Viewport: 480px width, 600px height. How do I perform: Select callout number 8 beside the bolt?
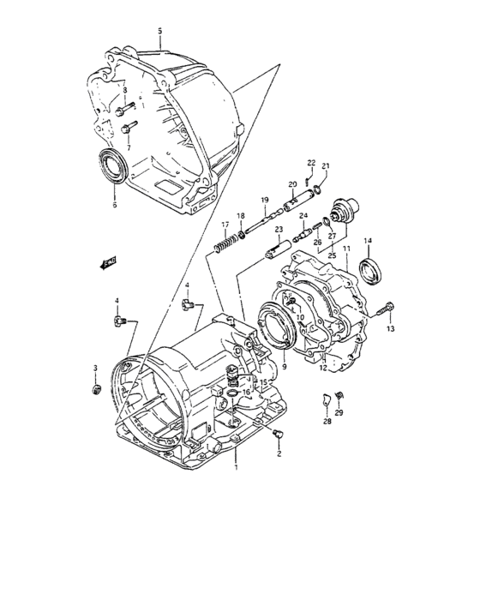(124, 90)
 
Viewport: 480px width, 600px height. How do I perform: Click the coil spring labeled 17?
(224, 246)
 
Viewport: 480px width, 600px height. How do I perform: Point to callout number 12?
(323, 369)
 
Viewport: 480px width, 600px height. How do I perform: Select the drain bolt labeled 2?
(276, 435)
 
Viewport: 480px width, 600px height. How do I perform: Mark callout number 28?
(327, 422)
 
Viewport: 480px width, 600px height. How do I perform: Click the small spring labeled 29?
(338, 394)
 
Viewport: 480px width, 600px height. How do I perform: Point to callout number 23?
(279, 230)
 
